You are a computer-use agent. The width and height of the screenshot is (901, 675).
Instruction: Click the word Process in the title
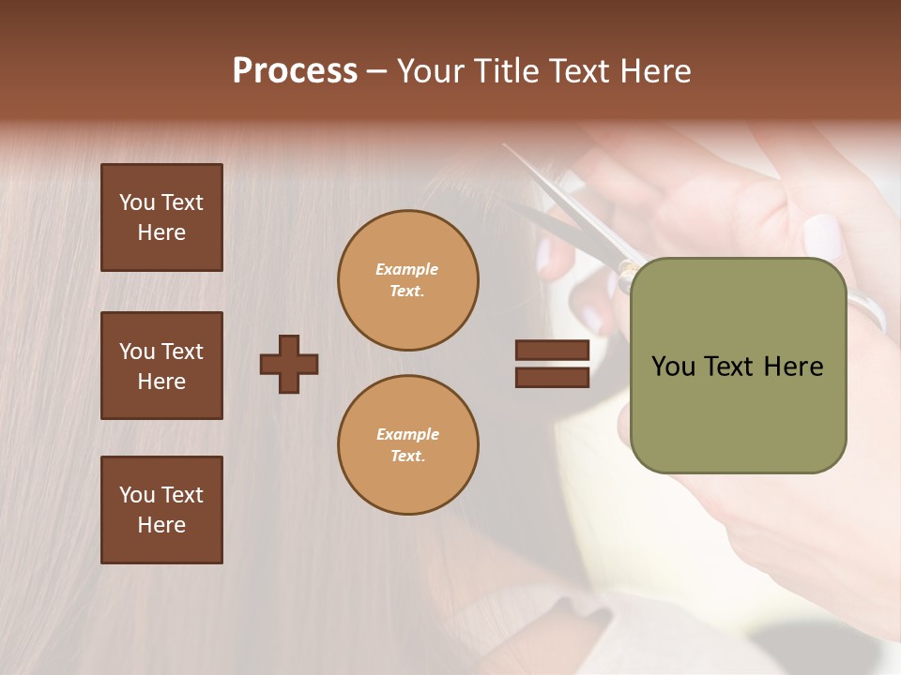tap(295, 71)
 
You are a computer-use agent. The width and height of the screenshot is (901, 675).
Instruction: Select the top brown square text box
tap(161, 217)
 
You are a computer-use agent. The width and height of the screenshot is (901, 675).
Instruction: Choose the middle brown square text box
tap(161, 366)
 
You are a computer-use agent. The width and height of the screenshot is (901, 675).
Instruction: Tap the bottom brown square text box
tap(161, 510)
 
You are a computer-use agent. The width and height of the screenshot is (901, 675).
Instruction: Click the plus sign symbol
tap(289, 364)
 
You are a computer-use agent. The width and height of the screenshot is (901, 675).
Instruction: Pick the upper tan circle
tap(408, 280)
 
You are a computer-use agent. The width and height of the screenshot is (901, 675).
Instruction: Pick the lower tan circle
tap(408, 445)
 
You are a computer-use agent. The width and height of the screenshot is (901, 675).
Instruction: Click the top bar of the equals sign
tap(552, 351)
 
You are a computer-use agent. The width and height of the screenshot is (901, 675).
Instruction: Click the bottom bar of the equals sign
tap(552, 378)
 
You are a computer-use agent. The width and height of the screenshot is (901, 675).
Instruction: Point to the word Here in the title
tap(657, 71)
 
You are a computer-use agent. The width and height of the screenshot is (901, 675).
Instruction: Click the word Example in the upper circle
tap(407, 269)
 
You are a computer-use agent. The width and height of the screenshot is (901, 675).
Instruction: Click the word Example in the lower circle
tap(407, 434)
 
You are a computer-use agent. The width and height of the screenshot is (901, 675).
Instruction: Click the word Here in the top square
tap(161, 232)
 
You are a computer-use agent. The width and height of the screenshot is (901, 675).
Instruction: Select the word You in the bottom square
tap(137, 495)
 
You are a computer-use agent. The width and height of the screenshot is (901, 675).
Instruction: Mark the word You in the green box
tap(673, 367)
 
